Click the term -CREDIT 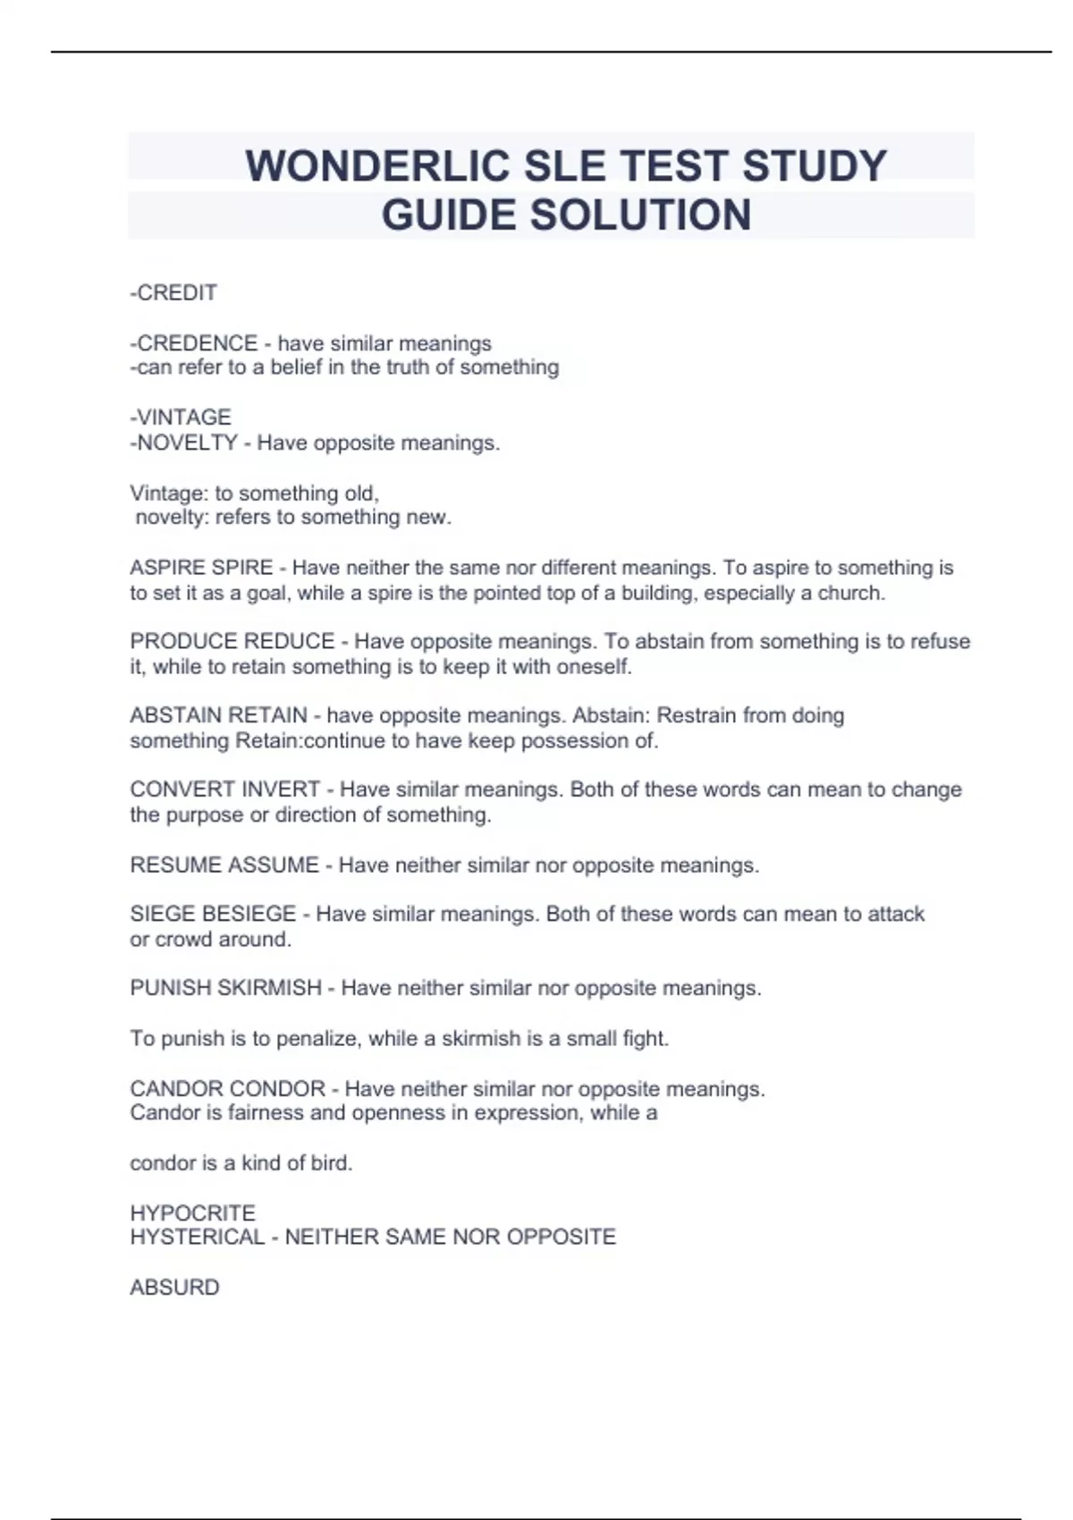click(x=173, y=293)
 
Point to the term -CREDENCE click(x=194, y=343)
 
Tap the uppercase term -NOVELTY click(x=184, y=443)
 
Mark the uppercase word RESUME click(x=173, y=866)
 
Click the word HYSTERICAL click(x=198, y=1237)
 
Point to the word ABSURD click(x=174, y=1288)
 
